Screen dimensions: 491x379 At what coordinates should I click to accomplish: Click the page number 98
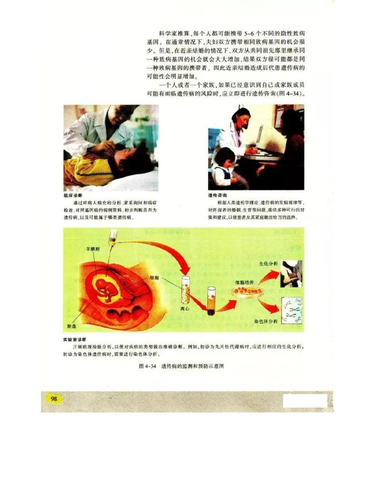[x=54, y=399]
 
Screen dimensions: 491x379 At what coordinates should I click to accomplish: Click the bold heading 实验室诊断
[x=74, y=340]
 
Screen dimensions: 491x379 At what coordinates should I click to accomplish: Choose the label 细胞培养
[x=244, y=282]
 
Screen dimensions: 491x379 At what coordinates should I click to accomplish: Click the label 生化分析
[x=269, y=263]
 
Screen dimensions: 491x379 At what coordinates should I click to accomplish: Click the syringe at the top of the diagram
[x=112, y=238]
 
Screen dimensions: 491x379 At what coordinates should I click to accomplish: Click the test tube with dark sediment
[x=211, y=300]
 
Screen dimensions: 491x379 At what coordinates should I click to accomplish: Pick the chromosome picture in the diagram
[x=292, y=310]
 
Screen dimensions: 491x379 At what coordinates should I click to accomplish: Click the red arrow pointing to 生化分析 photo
[x=268, y=275]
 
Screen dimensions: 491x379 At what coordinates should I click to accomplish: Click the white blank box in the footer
[x=305, y=401]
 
